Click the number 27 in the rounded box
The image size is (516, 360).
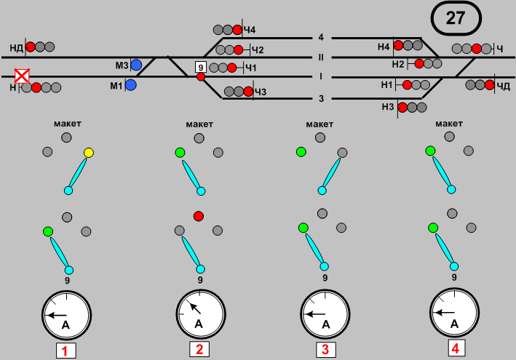pos(456,19)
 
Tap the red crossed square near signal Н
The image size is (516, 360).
pos(23,76)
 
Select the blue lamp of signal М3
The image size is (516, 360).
pos(136,65)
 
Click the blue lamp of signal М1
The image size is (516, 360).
pos(131,85)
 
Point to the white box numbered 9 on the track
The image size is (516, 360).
pos(201,67)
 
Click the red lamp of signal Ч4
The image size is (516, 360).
pos(237,30)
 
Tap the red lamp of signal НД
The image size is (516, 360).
pos(31,47)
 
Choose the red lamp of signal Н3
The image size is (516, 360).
pos(402,108)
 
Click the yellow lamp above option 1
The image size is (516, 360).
pos(89,153)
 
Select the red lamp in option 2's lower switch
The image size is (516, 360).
pos(198,216)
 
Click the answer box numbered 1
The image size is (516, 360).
pos(66,351)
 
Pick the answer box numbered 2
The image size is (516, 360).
pos(199,350)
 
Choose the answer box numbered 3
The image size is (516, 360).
pos(325,350)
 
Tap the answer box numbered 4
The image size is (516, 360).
pos(455,348)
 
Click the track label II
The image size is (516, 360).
pos(320,56)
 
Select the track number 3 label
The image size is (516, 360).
pos(320,98)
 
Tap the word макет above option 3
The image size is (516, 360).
pos(319,124)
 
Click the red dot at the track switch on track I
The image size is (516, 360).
pos(201,77)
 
